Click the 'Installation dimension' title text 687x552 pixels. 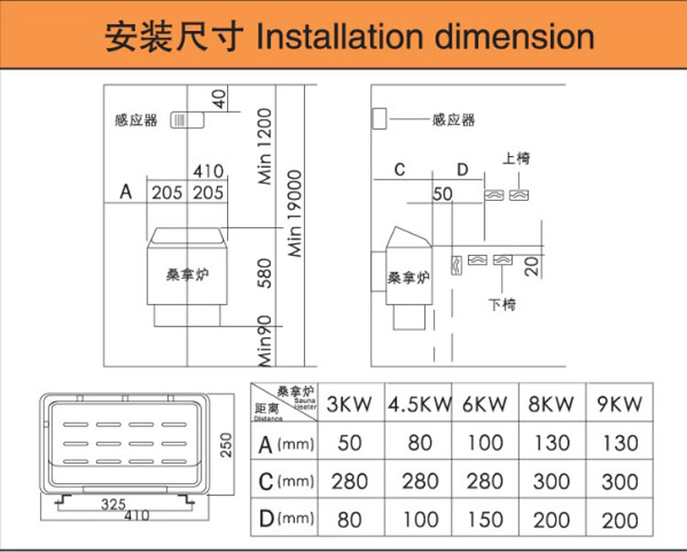[425, 38]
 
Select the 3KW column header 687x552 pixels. [349, 403]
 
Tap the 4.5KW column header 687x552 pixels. [420, 403]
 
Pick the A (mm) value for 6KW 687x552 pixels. [485, 444]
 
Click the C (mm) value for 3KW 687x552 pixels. [349, 481]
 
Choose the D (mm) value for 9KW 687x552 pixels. [620, 520]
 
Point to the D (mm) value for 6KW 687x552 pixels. [485, 520]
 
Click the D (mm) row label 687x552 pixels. [285, 520]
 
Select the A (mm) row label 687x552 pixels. [285, 445]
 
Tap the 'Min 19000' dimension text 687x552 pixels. [295, 212]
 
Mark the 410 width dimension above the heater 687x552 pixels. [208, 171]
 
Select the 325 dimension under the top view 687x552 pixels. [114, 504]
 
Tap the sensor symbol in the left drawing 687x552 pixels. [185, 120]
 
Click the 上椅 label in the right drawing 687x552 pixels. [517, 159]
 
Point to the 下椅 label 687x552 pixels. [502, 304]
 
